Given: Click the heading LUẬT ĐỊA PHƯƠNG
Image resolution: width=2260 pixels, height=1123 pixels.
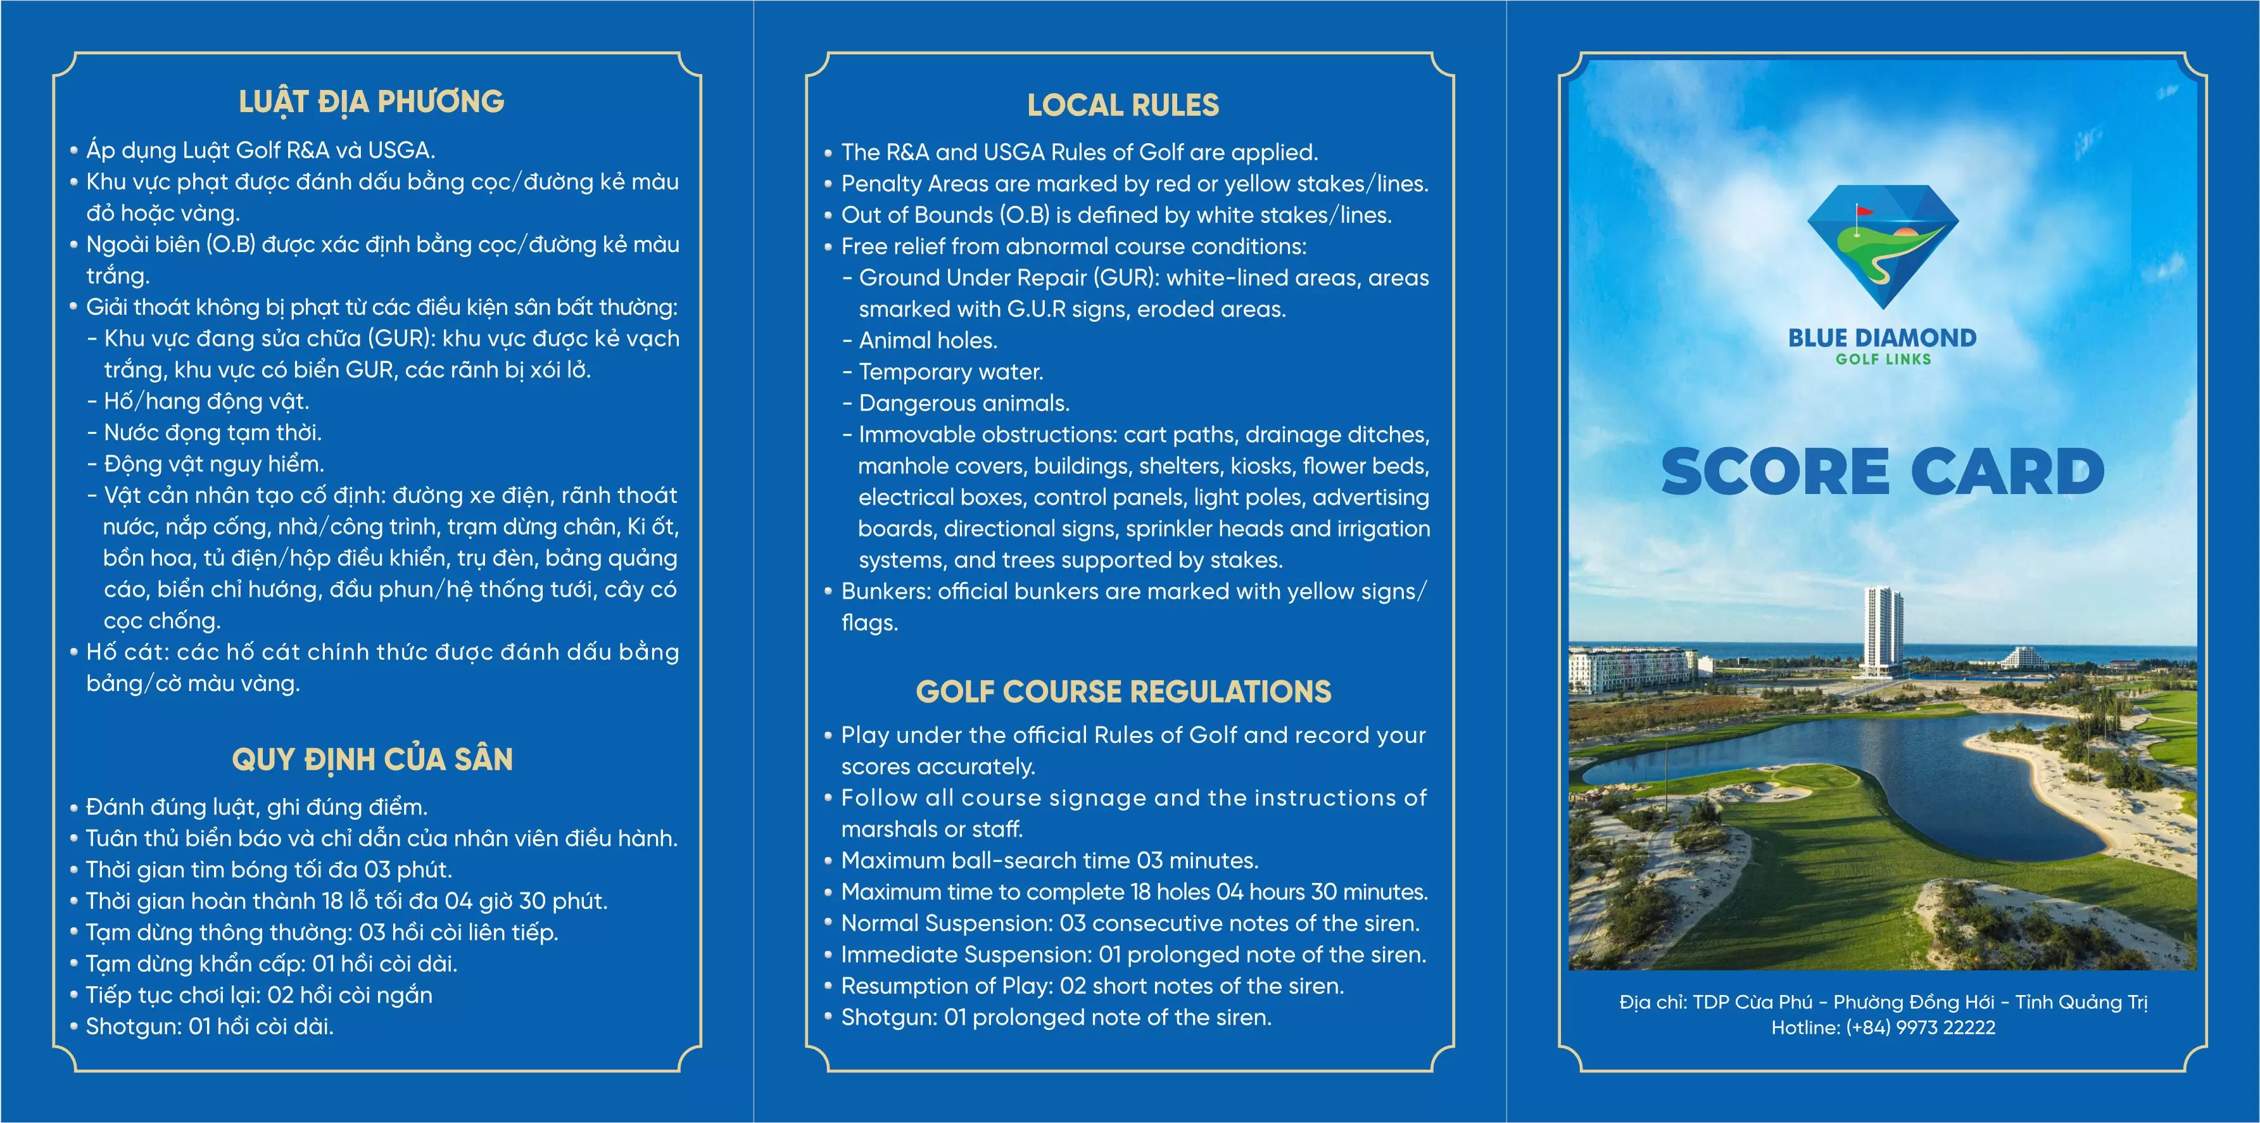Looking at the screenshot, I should coord(371,102).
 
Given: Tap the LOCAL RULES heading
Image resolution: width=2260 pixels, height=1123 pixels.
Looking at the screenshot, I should coord(1123,105).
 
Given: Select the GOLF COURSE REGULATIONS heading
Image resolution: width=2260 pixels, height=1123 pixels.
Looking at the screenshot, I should coord(1123,692).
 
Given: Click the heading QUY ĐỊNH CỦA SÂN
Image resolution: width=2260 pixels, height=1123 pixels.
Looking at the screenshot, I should coord(372,759).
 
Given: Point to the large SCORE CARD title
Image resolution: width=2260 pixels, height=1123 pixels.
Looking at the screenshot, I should coord(1883,471).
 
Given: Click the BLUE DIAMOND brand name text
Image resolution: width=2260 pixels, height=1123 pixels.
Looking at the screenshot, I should coord(1883,338).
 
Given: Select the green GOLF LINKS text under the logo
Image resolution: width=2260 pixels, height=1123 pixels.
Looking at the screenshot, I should coord(1883,359).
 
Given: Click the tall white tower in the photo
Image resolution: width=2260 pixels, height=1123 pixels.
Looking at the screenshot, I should coord(1883,627).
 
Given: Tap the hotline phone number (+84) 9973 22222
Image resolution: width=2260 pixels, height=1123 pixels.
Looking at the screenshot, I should coord(1921,1027).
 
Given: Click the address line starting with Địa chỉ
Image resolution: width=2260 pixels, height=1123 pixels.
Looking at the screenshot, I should coord(1883,1002).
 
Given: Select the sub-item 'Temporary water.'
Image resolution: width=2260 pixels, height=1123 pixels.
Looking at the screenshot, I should coord(950,372).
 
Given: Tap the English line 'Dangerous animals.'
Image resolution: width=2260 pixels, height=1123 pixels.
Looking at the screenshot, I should coord(963,403).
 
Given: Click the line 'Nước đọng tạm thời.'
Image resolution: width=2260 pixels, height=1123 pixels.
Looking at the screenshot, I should coord(212,433).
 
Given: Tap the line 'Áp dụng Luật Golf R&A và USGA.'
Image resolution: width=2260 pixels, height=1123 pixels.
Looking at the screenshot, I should coord(260,151).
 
